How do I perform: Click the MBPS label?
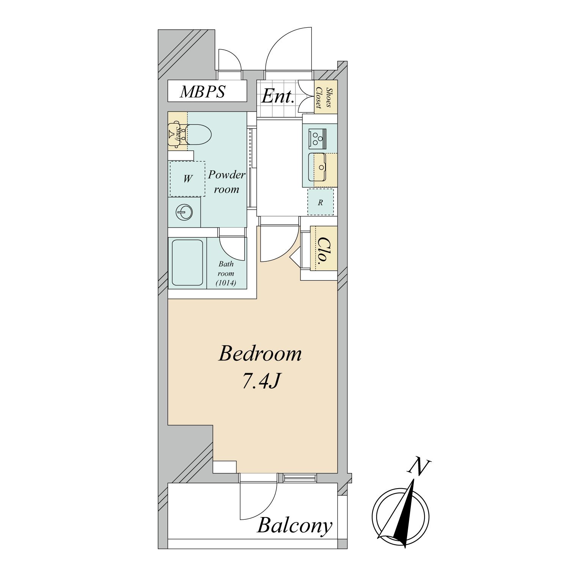point(203,92)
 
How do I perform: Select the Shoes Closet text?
point(326,97)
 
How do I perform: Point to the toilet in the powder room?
point(197,134)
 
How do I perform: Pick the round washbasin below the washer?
point(184,212)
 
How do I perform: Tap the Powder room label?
point(227,182)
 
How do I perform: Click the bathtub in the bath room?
point(187,262)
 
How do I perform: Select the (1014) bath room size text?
point(226,283)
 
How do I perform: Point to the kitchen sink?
point(318,167)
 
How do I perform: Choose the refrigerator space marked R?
point(321,202)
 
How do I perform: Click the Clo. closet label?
point(324,250)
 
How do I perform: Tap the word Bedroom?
point(260,354)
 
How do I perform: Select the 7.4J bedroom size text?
point(261,381)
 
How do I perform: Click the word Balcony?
point(295,526)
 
